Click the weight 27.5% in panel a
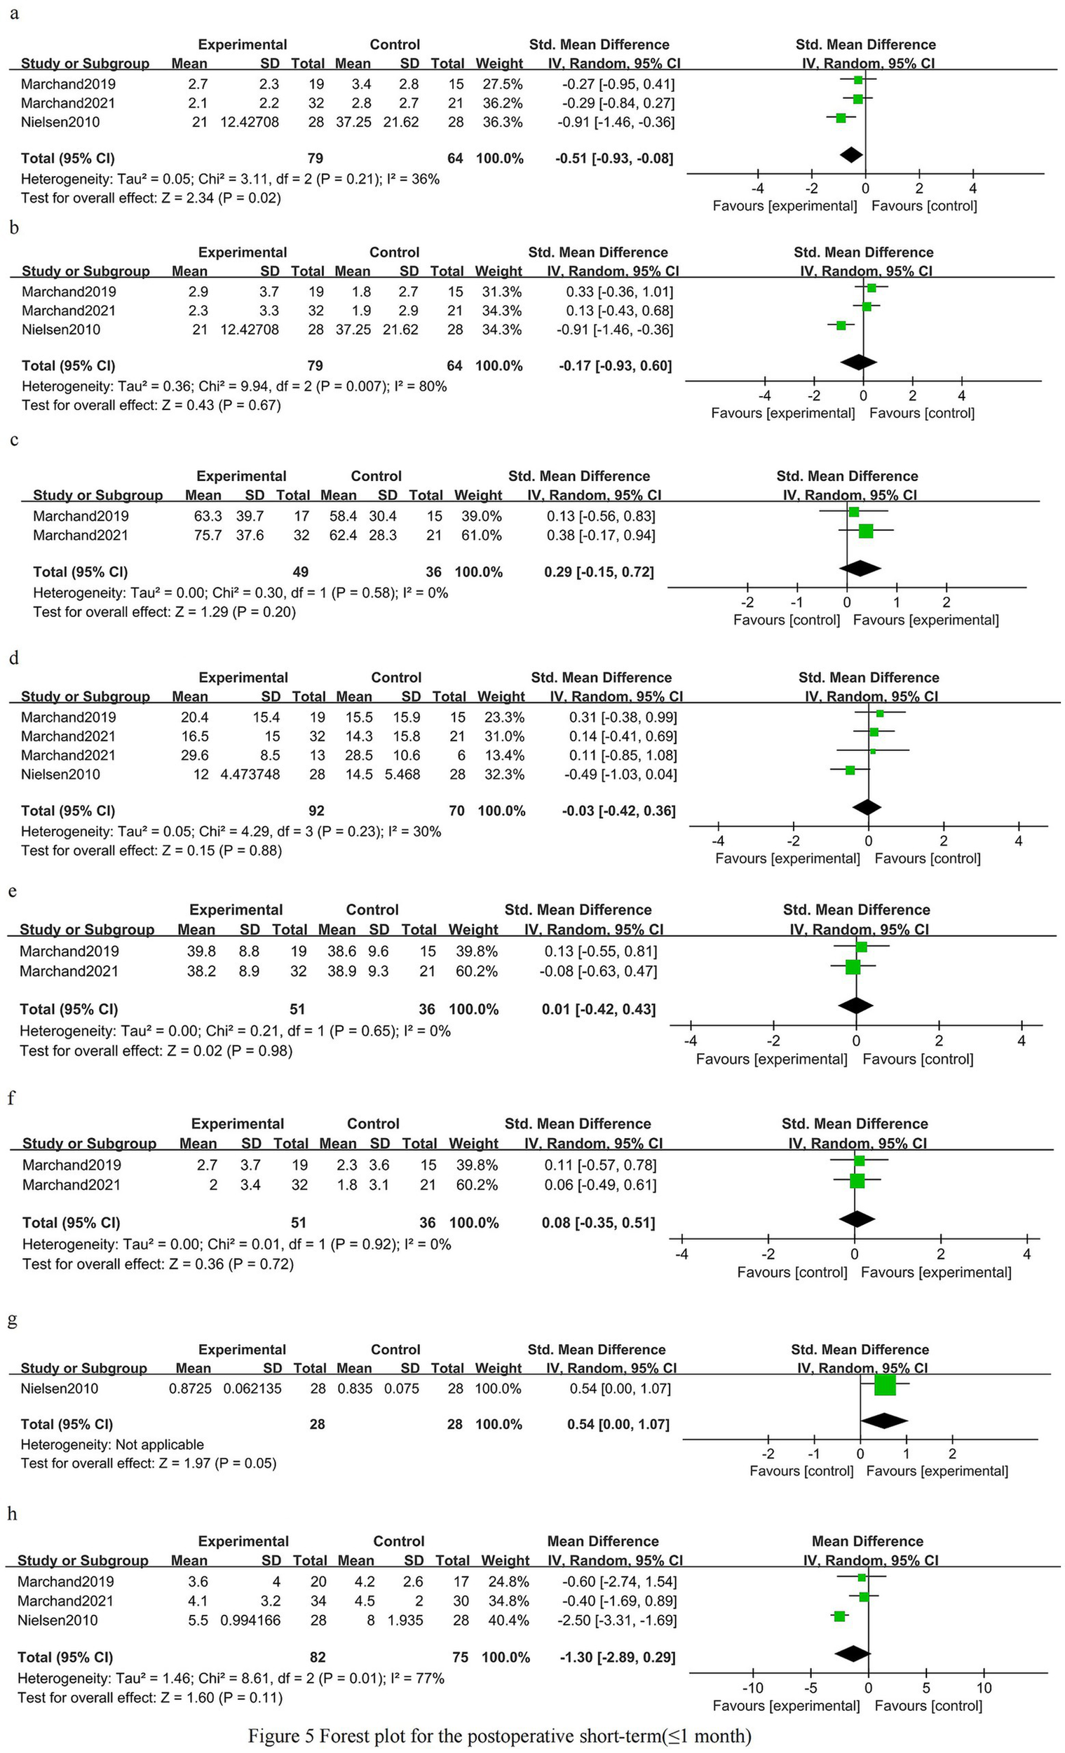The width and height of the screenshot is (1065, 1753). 502,84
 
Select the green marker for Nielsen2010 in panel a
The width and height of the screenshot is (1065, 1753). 841,118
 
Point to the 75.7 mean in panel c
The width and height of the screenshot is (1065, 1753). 208,535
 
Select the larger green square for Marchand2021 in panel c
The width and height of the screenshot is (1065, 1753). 866,531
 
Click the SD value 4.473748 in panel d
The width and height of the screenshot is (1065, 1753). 252,774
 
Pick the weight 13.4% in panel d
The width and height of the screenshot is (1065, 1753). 503,756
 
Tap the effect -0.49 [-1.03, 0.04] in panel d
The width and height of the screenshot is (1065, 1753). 620,774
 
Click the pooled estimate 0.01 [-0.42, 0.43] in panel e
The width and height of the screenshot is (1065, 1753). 598,1009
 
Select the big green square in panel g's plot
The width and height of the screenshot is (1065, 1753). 885,1385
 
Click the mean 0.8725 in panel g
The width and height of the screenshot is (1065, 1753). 190,1388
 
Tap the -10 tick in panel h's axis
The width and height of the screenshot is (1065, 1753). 752,1688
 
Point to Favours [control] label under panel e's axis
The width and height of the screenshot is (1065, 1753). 918,1060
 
